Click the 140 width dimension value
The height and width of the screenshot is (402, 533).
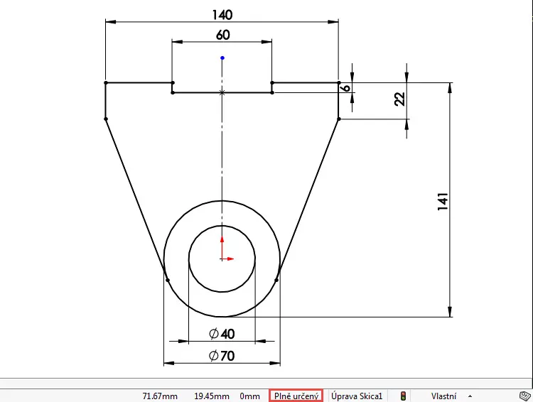pyautogui.click(x=222, y=14)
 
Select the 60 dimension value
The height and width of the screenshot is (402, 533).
pyautogui.click(x=222, y=35)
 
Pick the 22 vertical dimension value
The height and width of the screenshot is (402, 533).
pyautogui.click(x=399, y=99)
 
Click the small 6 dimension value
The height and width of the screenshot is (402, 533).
pyautogui.click(x=345, y=87)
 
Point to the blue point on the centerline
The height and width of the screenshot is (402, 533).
pyautogui.click(x=222, y=58)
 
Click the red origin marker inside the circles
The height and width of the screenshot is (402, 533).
pyautogui.click(x=222, y=257)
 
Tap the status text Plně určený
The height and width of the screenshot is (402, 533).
pyautogui.click(x=296, y=396)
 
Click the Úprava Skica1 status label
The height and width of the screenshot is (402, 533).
pyautogui.click(x=357, y=396)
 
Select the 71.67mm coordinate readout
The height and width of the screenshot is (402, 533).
pyautogui.click(x=158, y=396)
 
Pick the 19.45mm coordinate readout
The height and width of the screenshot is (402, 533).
pyautogui.click(x=212, y=396)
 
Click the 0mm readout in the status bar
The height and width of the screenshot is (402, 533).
pyautogui.click(x=249, y=396)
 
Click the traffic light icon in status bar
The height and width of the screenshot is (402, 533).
pyautogui.click(x=404, y=396)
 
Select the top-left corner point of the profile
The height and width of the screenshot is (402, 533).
pyautogui.click(x=105, y=83)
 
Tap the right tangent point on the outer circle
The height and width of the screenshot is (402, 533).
pyautogui.click(x=276, y=280)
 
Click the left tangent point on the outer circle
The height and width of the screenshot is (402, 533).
pyautogui.click(x=168, y=280)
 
